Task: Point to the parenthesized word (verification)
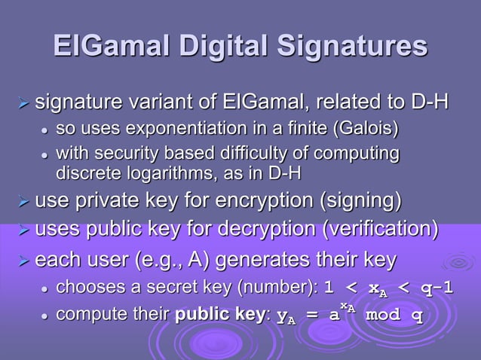coord(378,227)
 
